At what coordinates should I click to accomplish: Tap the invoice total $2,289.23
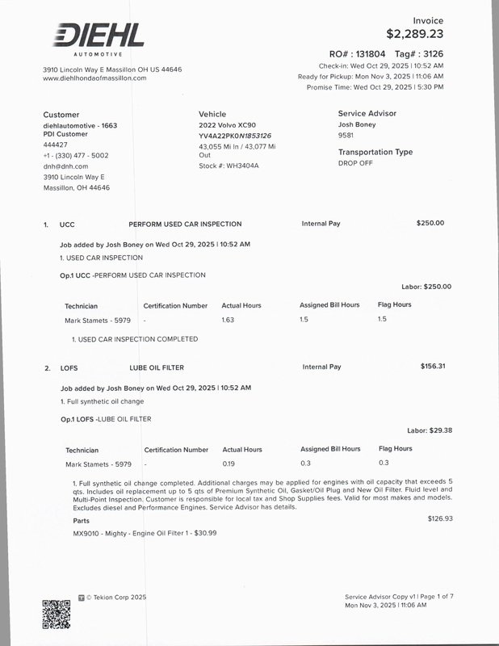(414, 34)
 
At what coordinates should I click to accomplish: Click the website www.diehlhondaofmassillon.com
(94, 78)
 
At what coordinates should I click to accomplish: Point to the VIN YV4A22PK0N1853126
(235, 136)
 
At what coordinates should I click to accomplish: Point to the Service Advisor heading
(367, 114)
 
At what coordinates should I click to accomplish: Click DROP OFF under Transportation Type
(356, 162)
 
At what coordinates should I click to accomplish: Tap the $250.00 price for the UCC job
(430, 223)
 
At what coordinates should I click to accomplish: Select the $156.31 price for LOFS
(432, 366)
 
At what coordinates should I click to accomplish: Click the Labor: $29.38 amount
(429, 430)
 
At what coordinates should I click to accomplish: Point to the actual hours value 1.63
(228, 320)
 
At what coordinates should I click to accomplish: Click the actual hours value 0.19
(229, 463)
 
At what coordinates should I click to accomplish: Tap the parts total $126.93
(440, 518)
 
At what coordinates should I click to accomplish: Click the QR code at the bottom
(57, 614)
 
